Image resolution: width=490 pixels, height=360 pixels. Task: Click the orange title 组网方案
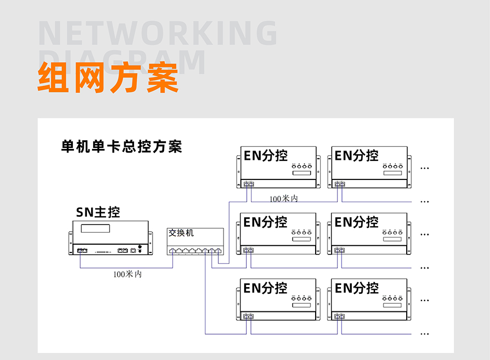108,78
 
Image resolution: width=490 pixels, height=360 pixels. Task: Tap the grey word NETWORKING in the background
158,34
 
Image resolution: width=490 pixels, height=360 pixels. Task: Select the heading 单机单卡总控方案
122,146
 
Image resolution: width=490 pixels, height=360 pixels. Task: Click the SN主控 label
98,212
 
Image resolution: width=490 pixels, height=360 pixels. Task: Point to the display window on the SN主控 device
95,228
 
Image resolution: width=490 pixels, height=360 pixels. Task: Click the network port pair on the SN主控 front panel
82,250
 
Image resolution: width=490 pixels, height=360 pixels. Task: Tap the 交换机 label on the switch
181,233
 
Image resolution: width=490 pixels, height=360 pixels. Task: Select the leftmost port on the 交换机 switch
173,250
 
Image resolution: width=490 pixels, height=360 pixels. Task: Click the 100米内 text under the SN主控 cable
127,274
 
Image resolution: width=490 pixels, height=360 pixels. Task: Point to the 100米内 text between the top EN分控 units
284,199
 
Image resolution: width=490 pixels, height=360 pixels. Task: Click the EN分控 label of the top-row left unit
265,155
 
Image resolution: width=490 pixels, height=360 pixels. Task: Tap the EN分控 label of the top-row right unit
357,155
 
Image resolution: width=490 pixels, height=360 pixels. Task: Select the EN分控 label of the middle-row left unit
265,222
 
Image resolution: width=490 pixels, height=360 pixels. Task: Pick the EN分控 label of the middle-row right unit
357,222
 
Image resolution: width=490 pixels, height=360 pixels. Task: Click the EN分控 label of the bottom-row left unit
265,288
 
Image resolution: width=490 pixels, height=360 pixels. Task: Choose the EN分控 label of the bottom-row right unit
357,288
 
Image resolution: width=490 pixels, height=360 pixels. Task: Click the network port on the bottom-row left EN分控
248,316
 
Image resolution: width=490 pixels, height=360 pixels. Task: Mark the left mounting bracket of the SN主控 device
70,244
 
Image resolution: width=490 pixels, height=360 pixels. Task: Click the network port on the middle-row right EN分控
339,250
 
